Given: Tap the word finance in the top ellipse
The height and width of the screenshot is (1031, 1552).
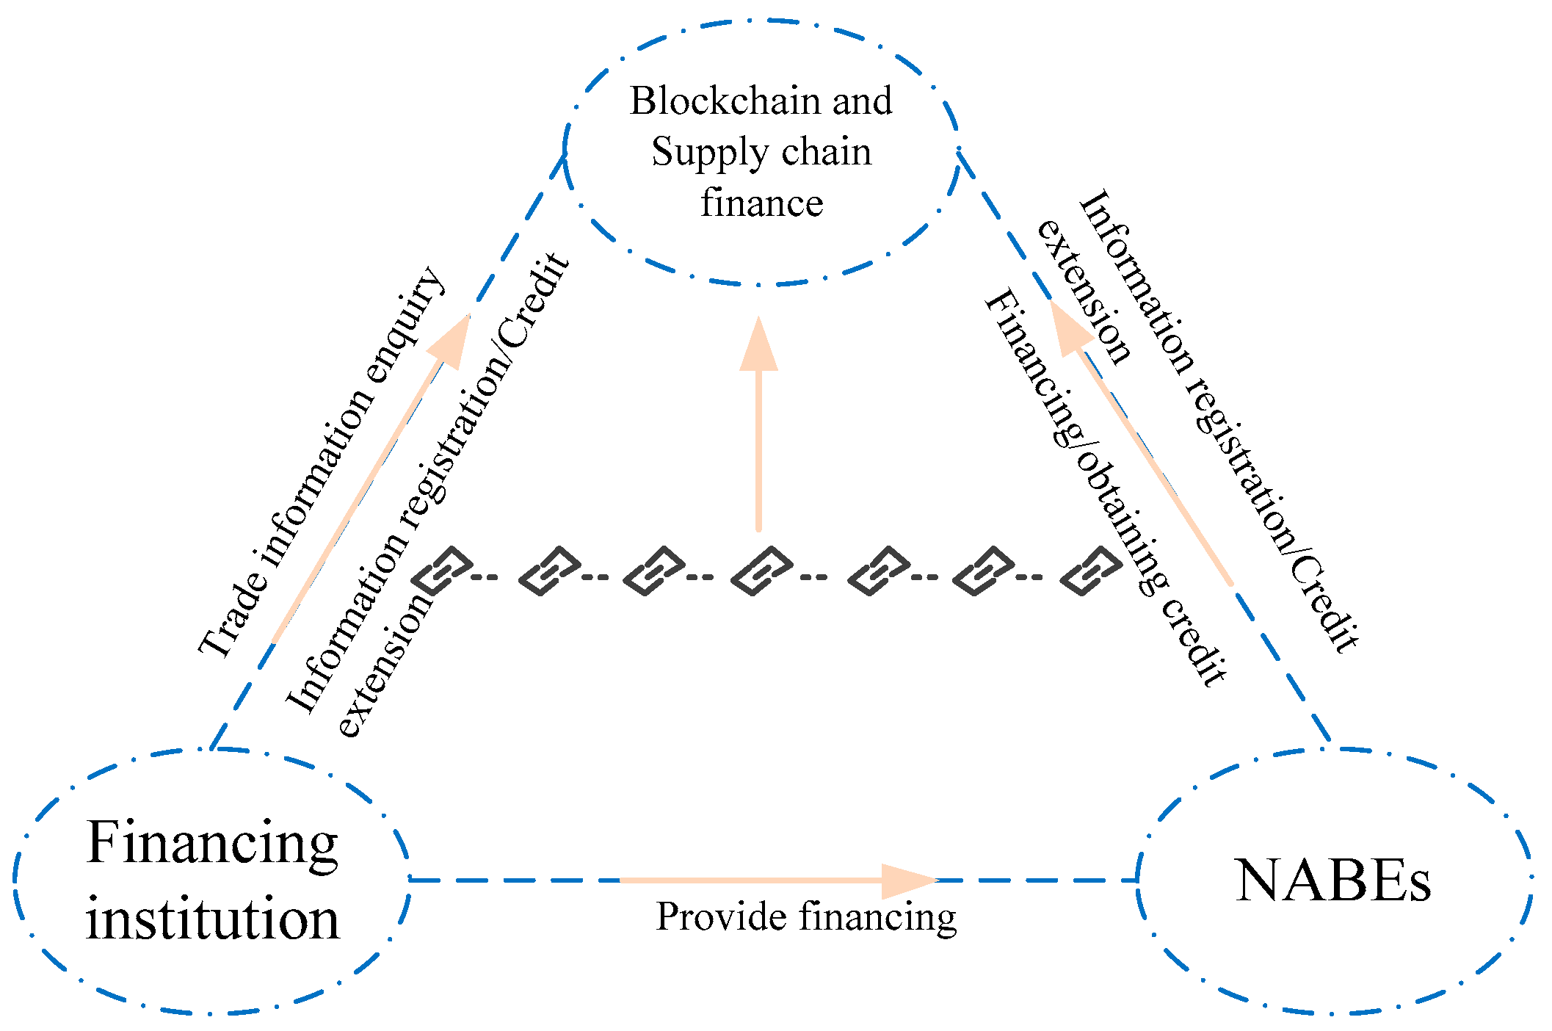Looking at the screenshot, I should coord(761,203).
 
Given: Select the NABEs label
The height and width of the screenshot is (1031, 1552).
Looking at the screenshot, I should coord(1332,880).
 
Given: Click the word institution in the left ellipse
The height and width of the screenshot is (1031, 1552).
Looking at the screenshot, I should coord(213,919).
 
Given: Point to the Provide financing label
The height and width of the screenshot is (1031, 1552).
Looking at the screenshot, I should coord(805,917).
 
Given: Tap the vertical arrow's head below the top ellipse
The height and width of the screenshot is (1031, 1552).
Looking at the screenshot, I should coord(758,345).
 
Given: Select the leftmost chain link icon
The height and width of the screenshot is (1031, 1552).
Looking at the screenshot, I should coord(442,571).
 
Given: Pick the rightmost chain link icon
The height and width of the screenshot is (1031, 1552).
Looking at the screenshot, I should coord(1092,571).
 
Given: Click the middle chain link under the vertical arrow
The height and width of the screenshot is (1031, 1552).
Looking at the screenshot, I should coord(762,571).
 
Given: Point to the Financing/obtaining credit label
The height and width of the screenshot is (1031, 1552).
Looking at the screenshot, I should coord(1105,488).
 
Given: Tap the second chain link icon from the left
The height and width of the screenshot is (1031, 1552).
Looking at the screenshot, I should coord(550,571).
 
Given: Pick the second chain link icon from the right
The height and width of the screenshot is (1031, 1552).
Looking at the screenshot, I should coord(984,571).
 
